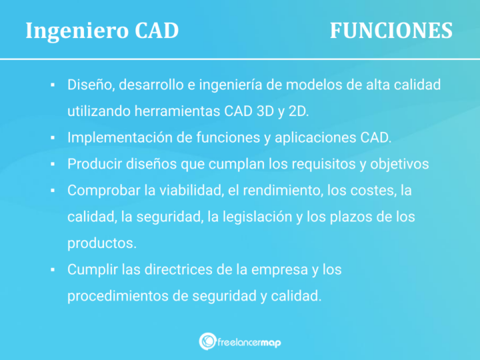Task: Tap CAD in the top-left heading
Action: pos(157,31)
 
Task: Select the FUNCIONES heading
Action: pos(391,31)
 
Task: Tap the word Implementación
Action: pos(121,137)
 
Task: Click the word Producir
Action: pos(93,163)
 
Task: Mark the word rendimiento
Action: pos(282,190)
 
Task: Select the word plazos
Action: pos(355,217)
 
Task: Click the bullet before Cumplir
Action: pos(52,270)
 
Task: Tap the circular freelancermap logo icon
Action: pos(207,342)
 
